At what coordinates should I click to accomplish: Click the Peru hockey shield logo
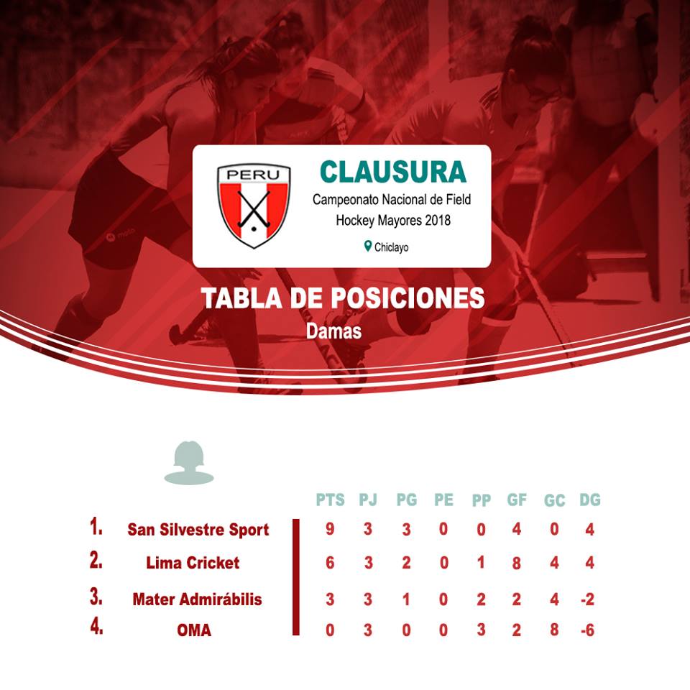pos(254,206)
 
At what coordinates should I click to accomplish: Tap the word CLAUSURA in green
pos(393,172)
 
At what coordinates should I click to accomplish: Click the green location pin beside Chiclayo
pos(368,246)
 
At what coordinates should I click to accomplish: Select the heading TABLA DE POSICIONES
pos(344,298)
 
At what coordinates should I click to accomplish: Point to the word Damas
pos(334,331)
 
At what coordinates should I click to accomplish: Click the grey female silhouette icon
pos(189,462)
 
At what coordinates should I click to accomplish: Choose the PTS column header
pos(331,500)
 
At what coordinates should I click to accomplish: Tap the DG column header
pos(590,500)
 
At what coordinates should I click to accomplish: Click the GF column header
pos(517,500)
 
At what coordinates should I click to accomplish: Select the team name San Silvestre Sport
pos(198,530)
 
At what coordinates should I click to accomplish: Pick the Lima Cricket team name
pos(193,563)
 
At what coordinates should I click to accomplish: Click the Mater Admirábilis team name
pos(197,599)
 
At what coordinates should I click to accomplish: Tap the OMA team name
pos(194,630)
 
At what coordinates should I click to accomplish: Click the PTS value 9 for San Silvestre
pos(330,528)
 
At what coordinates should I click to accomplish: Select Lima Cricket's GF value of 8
pos(517,563)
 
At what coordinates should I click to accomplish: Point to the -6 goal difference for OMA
pos(588,630)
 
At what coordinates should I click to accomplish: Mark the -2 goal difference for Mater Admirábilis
pos(588,599)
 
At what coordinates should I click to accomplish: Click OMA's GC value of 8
pos(554,630)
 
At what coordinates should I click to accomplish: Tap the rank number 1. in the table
pos(96,526)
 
